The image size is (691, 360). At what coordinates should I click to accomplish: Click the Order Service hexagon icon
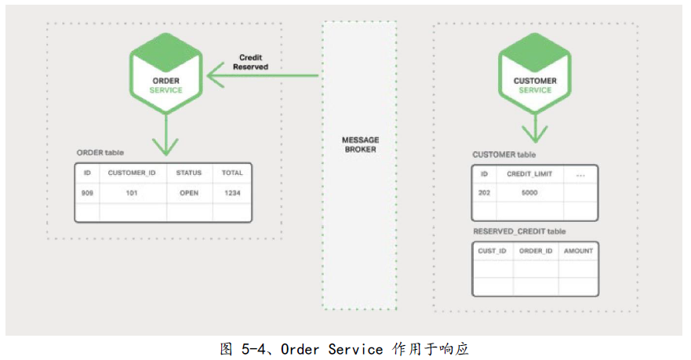coord(166,73)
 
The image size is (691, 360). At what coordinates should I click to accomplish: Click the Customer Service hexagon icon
coord(535,73)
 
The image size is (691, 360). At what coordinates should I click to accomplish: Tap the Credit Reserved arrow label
coord(250,62)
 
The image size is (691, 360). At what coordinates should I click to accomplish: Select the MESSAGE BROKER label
coord(361,144)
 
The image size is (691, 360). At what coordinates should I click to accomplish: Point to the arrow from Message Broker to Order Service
coord(263,75)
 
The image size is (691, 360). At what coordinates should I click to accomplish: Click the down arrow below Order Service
coord(165,135)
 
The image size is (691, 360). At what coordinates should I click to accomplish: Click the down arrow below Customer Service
coord(535,128)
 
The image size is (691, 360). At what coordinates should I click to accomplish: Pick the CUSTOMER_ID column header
coord(132,173)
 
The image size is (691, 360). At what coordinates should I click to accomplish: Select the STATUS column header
coord(188,173)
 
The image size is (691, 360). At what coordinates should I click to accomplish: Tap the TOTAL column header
coord(232,173)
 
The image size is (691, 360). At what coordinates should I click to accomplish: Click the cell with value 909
coord(87,193)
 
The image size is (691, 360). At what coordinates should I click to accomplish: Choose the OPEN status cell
coord(189,193)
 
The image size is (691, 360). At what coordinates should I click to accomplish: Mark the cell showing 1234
coord(232,193)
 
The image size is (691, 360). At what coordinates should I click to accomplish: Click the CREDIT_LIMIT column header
coord(529,174)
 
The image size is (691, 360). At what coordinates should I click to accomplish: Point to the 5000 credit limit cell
coord(529,193)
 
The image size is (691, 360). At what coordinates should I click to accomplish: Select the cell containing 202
coord(484,193)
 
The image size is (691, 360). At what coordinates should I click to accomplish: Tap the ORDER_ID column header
coord(536,251)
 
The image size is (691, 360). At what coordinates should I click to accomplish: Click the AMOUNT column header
coord(578,251)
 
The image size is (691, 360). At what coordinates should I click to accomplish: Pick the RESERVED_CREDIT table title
coord(519,231)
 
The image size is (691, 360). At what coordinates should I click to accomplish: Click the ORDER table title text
coord(100,152)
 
